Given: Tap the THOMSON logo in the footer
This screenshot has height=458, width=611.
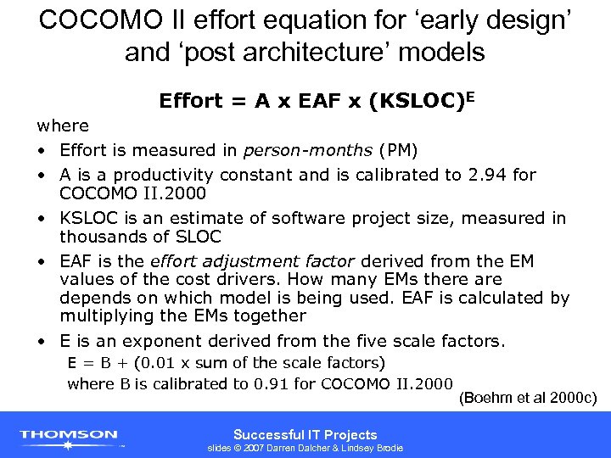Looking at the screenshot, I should click(70, 435).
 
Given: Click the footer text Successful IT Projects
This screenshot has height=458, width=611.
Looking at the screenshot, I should click(305, 433).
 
